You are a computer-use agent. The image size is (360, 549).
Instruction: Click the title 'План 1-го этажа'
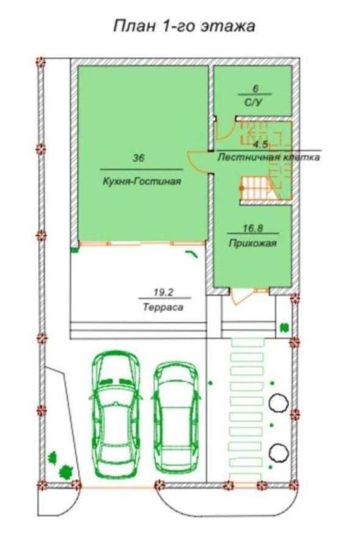pyautogui.click(x=184, y=26)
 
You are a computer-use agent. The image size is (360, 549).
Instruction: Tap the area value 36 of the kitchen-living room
pyautogui.click(x=139, y=158)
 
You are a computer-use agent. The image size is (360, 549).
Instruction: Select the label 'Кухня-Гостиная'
pyautogui.click(x=142, y=181)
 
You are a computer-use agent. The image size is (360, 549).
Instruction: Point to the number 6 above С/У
pyautogui.click(x=255, y=88)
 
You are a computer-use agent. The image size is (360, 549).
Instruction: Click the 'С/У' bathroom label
pyautogui.click(x=255, y=102)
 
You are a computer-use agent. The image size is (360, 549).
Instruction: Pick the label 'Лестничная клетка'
pyautogui.click(x=269, y=157)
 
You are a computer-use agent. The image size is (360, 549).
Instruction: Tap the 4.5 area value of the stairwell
pyautogui.click(x=261, y=144)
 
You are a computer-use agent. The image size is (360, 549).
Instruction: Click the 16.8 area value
pyautogui.click(x=253, y=229)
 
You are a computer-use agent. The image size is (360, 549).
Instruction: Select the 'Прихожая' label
pyautogui.click(x=253, y=243)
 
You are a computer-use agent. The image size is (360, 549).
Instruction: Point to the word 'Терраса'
pyautogui.click(x=163, y=307)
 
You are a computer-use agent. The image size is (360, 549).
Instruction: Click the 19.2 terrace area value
pyautogui.click(x=164, y=292)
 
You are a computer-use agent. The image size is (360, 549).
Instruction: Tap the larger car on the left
pyautogui.click(x=116, y=414)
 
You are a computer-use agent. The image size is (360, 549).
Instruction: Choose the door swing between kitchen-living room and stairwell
pyautogui.click(x=197, y=161)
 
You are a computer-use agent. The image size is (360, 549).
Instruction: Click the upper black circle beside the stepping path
pyautogui.click(x=279, y=402)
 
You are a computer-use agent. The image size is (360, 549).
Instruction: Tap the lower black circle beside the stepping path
pyautogui.click(x=279, y=452)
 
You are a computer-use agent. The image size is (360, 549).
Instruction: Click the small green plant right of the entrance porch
pyautogui.click(x=284, y=328)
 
